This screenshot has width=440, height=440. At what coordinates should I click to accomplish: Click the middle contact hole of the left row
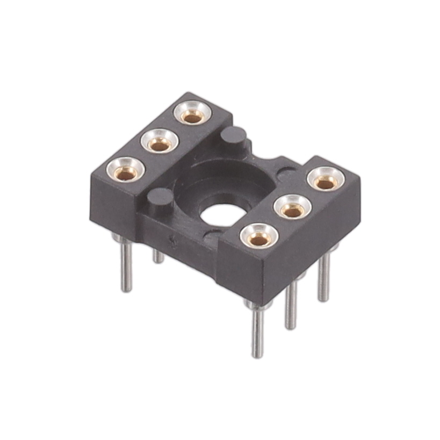(159, 143)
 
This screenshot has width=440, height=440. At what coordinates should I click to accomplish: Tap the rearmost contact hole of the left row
(192, 116)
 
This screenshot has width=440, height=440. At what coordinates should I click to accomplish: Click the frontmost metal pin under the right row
(258, 333)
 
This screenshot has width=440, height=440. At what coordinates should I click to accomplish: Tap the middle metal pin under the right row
(291, 306)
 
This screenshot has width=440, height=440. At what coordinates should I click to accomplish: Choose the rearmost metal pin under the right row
(323, 279)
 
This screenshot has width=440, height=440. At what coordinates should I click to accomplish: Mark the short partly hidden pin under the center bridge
(158, 256)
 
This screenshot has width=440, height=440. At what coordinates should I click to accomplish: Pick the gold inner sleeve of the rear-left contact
(192, 116)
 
